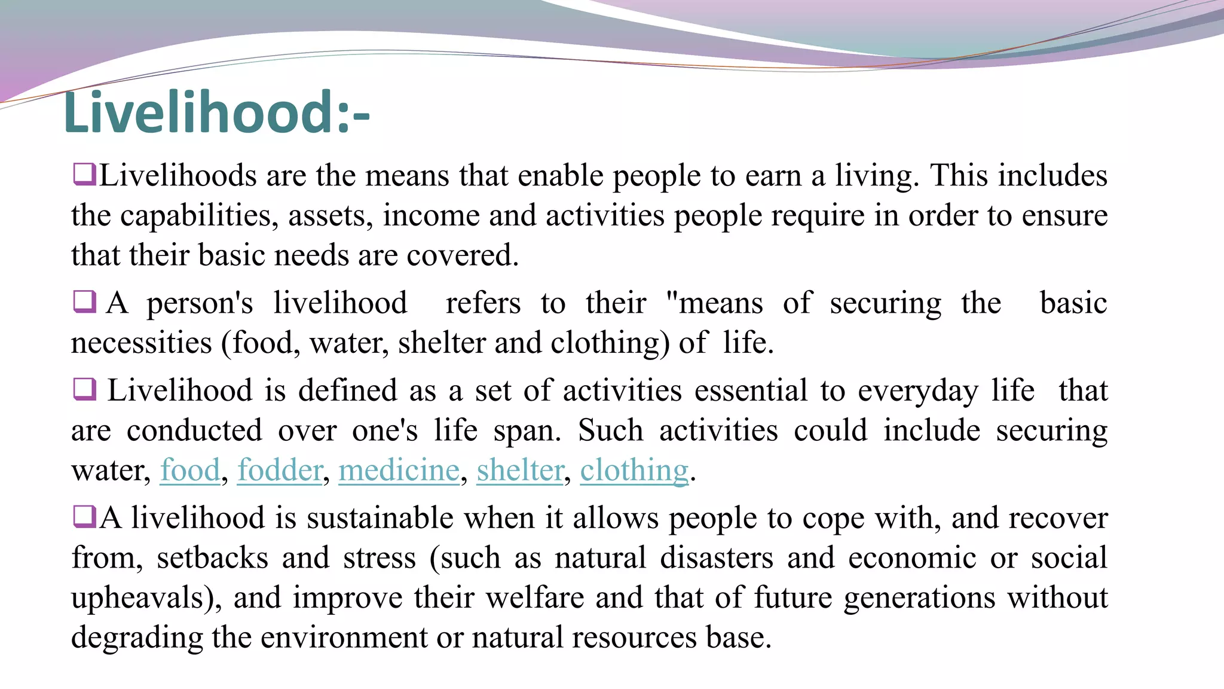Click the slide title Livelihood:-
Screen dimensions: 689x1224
[x=216, y=112]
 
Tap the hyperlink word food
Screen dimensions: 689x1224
[x=190, y=470]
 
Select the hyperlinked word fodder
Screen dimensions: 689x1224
[x=280, y=470]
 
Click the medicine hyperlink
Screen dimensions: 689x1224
[x=399, y=470]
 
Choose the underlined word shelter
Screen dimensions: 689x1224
[x=520, y=470]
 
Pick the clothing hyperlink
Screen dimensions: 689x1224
[x=634, y=470]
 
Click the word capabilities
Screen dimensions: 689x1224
[x=199, y=216]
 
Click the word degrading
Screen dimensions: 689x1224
[x=137, y=638]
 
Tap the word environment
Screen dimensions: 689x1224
[x=344, y=638]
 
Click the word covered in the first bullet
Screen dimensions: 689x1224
[x=462, y=255]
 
